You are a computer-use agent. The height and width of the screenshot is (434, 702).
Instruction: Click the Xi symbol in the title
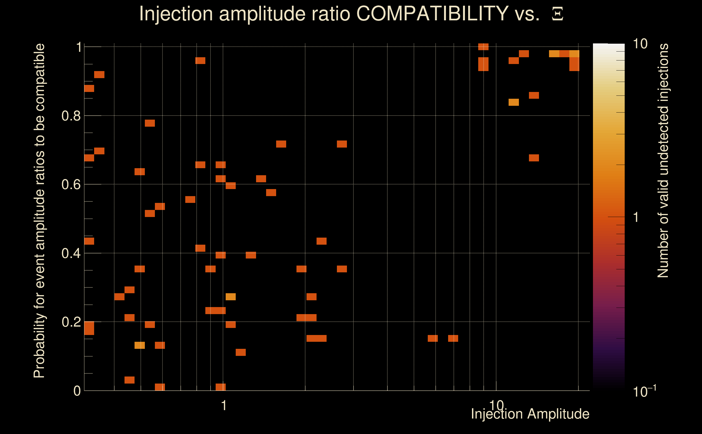coord(557,14)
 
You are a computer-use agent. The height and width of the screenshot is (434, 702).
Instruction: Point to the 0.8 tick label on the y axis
coord(71,116)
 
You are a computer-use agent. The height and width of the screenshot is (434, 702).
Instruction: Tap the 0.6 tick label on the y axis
coord(71,184)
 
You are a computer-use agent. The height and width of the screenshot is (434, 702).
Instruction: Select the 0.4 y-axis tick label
coord(71,253)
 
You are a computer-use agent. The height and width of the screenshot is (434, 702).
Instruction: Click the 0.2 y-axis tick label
coord(71,322)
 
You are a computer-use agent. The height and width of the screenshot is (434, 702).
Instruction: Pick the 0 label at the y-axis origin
coord(77,391)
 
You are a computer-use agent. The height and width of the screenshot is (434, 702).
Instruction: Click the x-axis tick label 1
coord(224,406)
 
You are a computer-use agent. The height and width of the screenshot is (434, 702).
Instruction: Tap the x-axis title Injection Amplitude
coord(530,414)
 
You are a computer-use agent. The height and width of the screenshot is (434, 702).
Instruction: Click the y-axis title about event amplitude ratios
coord(39,211)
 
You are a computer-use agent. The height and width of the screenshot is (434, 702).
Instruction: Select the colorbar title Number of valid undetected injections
coord(663,161)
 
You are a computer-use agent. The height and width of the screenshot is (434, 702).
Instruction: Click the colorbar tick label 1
coord(636,217)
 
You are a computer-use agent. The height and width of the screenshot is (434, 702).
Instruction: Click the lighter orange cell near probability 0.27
coord(231,297)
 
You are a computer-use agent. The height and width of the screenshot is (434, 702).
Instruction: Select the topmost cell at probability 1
coord(483,47)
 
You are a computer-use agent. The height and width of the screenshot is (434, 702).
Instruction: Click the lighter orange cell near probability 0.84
coord(513,103)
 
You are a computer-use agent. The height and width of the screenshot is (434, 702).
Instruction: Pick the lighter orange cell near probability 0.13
coord(139,345)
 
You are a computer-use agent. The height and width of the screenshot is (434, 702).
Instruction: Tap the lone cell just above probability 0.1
coord(241,352)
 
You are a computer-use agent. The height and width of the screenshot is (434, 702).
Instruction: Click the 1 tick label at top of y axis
coord(79,47)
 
